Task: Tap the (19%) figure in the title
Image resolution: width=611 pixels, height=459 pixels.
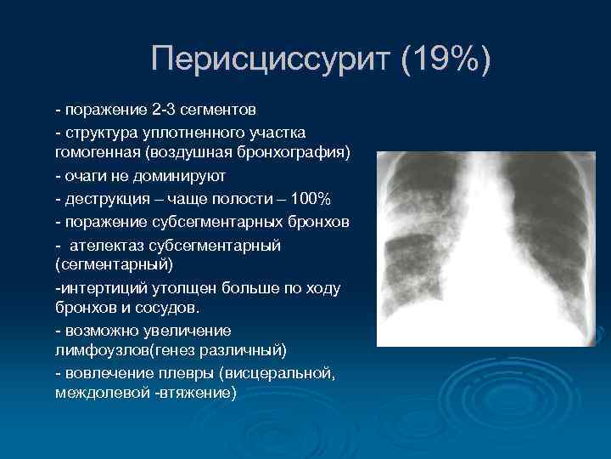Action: click(446, 60)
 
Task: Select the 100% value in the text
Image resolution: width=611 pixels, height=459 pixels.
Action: click(316, 199)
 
